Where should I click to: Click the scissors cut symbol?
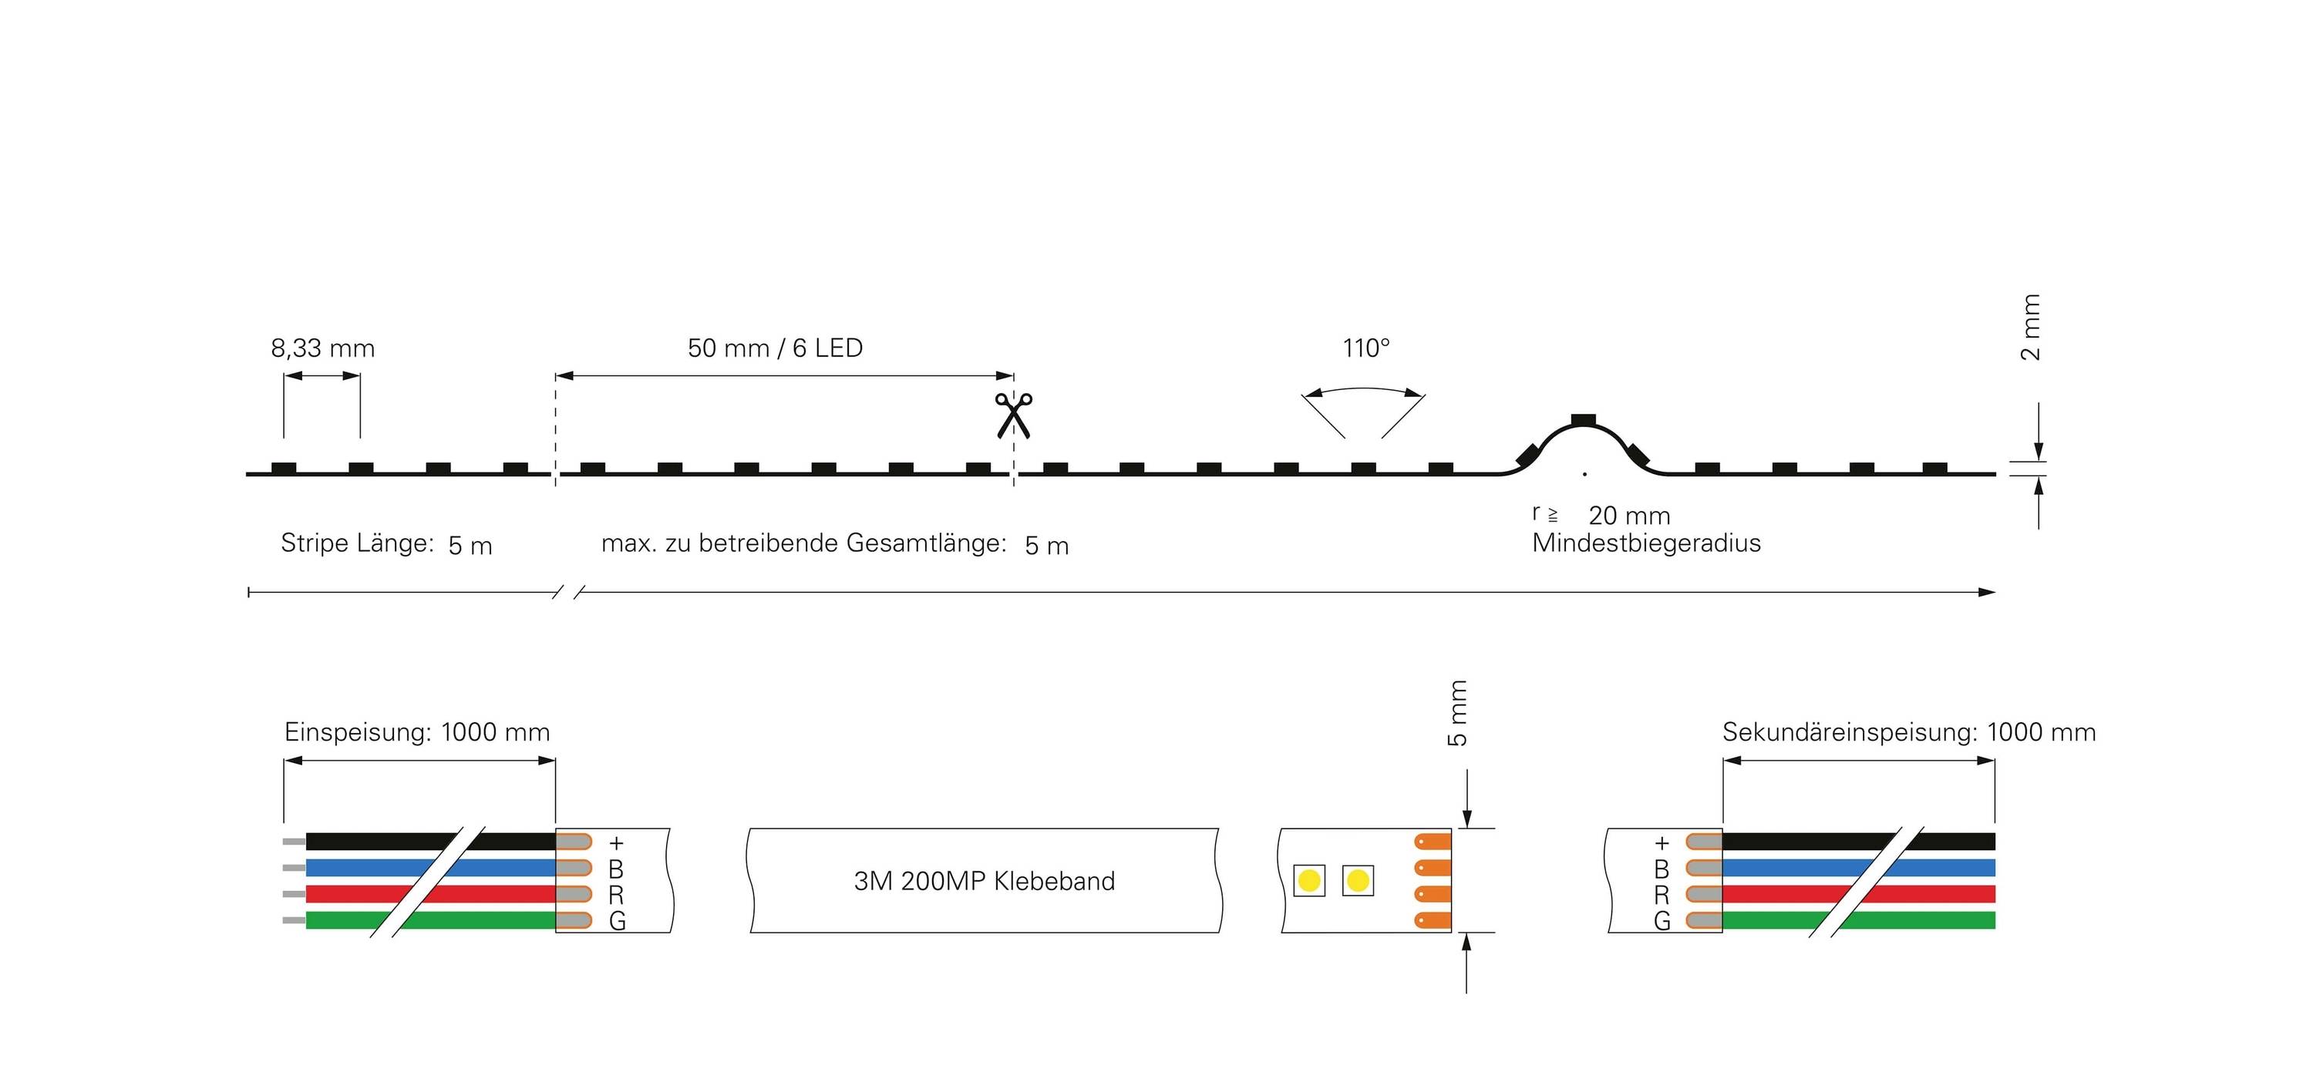tap(1013, 415)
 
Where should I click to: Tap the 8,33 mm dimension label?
tap(322, 348)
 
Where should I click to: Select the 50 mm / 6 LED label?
tap(775, 348)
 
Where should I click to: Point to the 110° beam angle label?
tap(1365, 348)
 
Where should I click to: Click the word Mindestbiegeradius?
tap(1646, 543)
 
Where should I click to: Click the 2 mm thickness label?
tap(2030, 327)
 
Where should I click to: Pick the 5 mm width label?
tap(1457, 714)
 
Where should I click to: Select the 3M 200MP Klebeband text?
tap(984, 882)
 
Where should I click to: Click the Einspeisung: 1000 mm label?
tap(416, 732)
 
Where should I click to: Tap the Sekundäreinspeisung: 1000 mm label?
tap(1909, 732)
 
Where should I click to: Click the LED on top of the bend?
tap(1583, 419)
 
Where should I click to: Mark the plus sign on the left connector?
tap(616, 843)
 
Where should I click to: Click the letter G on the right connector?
tap(1662, 921)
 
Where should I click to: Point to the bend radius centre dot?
tap(1585, 474)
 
